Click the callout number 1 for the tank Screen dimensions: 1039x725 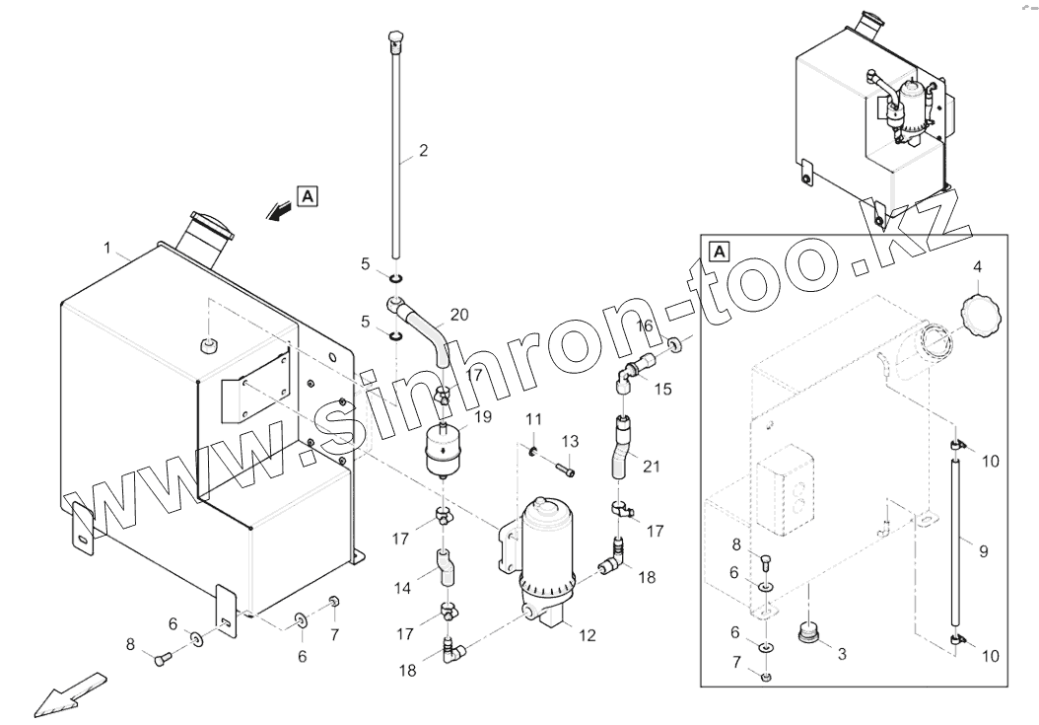tap(108, 245)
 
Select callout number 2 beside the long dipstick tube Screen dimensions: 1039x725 tap(423, 151)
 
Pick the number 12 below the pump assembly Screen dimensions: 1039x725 tap(588, 636)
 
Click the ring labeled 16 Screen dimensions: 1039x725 tap(673, 345)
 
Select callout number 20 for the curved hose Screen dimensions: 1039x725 tap(459, 315)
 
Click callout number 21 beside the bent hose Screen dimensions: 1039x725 tap(652, 466)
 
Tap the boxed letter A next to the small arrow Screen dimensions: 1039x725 tap(308, 196)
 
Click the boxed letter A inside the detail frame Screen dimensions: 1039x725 tap(720, 251)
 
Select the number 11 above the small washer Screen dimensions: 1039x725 tap(532, 420)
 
